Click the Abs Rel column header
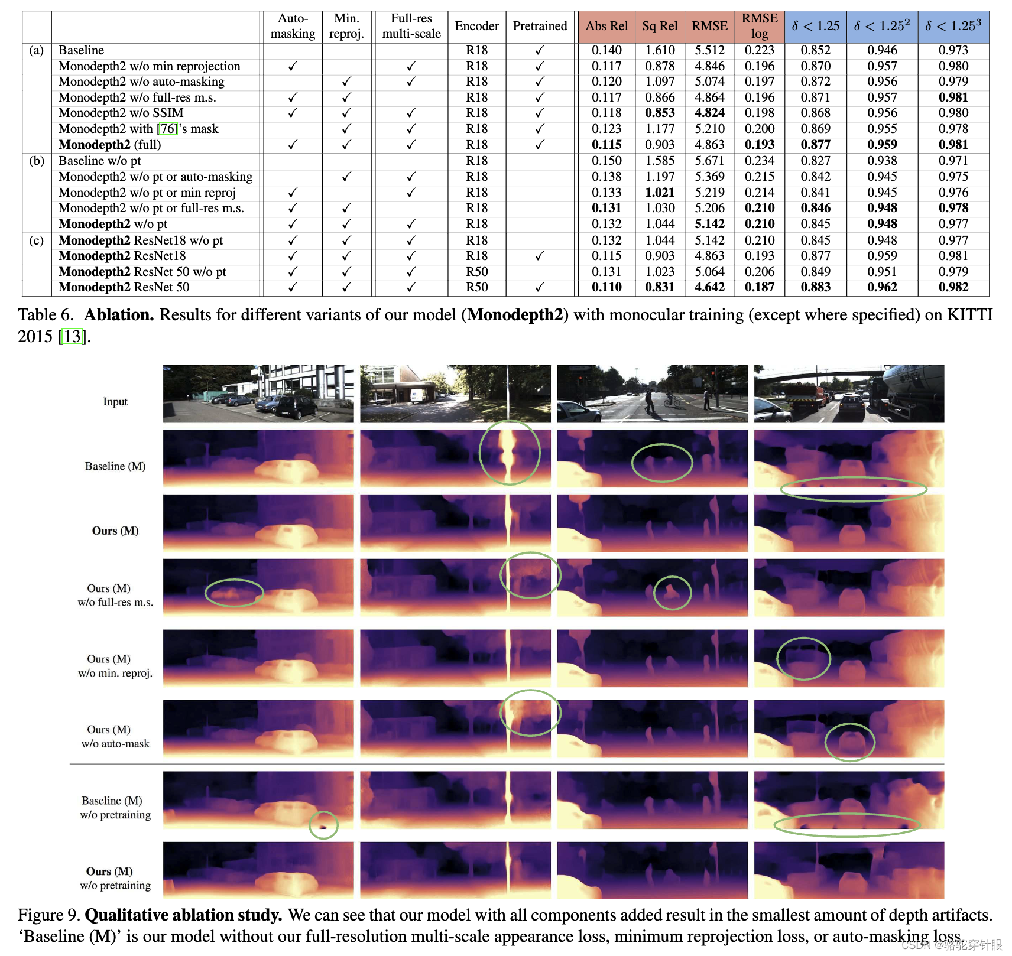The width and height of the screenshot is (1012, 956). pyautogui.click(x=606, y=26)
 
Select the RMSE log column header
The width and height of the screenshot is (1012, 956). pyautogui.click(x=760, y=26)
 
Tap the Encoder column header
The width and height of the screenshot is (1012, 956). pyautogui.click(x=476, y=26)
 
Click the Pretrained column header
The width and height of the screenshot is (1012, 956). pyautogui.click(x=540, y=26)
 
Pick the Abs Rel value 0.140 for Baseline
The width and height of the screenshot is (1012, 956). pyautogui.click(x=606, y=50)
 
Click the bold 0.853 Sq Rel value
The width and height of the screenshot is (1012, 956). pyautogui.click(x=660, y=113)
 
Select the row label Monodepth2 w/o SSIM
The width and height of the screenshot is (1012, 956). pyautogui.click(x=121, y=113)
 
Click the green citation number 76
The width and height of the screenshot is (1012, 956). pyautogui.click(x=168, y=129)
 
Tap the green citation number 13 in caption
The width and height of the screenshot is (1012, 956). pyautogui.click(x=72, y=336)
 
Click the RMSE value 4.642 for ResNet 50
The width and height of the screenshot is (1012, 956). pyautogui.click(x=709, y=287)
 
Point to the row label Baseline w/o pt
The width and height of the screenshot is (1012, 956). pyautogui.click(x=99, y=161)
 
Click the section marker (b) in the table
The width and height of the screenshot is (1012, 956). pyautogui.click(x=37, y=161)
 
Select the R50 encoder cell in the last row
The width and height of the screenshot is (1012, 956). pyautogui.click(x=476, y=287)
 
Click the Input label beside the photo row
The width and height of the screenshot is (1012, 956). pyautogui.click(x=115, y=402)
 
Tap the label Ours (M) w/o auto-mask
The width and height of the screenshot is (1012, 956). pyautogui.click(x=115, y=737)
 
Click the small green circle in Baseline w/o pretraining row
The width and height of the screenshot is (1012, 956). pyautogui.click(x=323, y=825)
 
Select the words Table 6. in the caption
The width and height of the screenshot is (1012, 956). pyautogui.click(x=46, y=315)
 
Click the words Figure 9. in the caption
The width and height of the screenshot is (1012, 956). pyautogui.click(x=48, y=915)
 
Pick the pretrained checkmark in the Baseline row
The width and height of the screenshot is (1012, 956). pyautogui.click(x=540, y=50)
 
